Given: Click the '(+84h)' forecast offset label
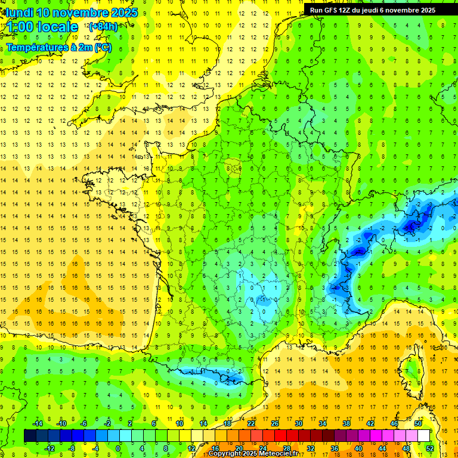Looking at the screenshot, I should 103,26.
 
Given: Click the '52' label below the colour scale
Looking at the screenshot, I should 430,448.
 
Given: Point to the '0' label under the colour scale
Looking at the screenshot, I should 118,448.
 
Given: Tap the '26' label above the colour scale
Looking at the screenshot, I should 275,423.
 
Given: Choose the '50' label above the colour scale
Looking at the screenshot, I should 418,423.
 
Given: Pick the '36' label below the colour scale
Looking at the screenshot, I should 334,448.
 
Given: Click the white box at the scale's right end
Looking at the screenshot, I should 424,436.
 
